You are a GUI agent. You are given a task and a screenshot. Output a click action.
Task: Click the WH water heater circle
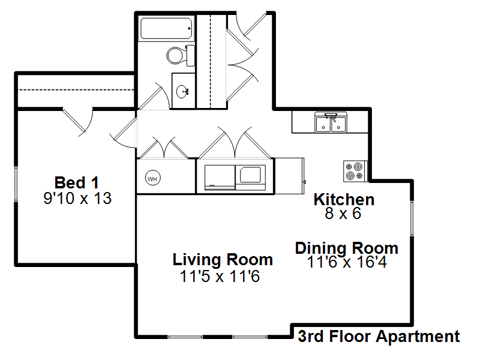(152, 178)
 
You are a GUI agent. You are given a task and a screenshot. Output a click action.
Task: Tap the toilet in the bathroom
(181, 55)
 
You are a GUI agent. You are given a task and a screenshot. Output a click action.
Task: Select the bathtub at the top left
(167, 28)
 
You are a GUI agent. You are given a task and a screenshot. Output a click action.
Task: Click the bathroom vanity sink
(182, 91)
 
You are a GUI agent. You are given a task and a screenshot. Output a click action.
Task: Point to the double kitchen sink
(331, 122)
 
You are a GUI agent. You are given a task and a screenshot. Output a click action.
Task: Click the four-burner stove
(355, 171)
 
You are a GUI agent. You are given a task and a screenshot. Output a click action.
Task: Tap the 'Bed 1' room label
(77, 183)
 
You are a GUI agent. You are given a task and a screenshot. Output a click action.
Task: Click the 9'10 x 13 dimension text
(77, 199)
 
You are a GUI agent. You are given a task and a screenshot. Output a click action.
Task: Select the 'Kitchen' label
(344, 200)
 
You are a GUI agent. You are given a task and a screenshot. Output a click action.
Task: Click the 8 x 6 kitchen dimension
(343, 213)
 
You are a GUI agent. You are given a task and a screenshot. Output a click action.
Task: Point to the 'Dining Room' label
(347, 248)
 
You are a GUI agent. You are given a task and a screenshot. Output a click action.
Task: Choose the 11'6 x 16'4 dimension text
(347, 262)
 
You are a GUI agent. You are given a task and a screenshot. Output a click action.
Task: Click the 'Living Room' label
(223, 260)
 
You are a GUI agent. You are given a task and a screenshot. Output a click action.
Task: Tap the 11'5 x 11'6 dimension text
(220, 276)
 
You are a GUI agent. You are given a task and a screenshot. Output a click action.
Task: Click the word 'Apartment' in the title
(418, 337)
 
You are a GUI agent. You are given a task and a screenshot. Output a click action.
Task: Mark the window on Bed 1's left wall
(16, 184)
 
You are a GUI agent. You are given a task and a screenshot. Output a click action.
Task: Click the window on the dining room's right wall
(412, 218)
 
